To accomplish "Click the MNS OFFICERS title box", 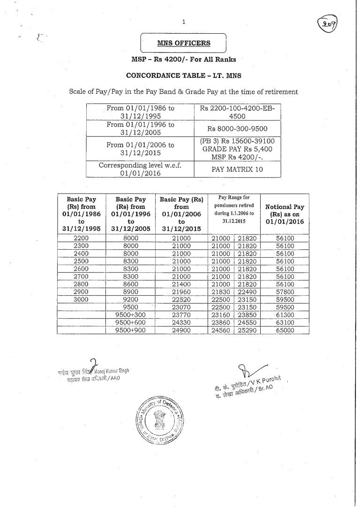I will tap(183, 44).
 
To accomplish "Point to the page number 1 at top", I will tap(184, 21).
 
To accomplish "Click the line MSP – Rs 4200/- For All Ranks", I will tap(183, 60).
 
